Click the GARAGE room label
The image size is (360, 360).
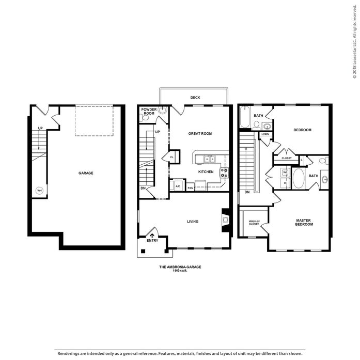[x=86, y=173]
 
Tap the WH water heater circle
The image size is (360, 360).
[x=39, y=191]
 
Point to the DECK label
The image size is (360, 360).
[x=195, y=98]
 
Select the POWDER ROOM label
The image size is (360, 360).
[x=149, y=112]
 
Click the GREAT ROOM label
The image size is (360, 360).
[x=200, y=133]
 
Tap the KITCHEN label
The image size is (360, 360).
[x=206, y=171]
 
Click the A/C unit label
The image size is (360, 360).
[x=178, y=186]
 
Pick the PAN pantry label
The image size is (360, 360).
[x=191, y=188]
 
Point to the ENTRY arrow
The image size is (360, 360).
[x=152, y=236]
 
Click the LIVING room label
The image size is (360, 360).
[x=193, y=222]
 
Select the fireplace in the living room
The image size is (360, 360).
[x=225, y=220]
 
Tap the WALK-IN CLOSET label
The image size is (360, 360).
[x=254, y=223]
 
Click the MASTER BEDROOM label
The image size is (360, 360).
[x=304, y=222]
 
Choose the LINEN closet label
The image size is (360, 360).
[x=265, y=134]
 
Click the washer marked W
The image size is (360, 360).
[x=285, y=172]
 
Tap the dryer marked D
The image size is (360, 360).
[x=285, y=183]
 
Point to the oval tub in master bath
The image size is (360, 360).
[x=298, y=179]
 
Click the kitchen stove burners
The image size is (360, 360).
[x=224, y=173]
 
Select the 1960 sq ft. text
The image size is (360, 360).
[x=180, y=271]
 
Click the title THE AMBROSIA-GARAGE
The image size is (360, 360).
[x=180, y=267]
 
